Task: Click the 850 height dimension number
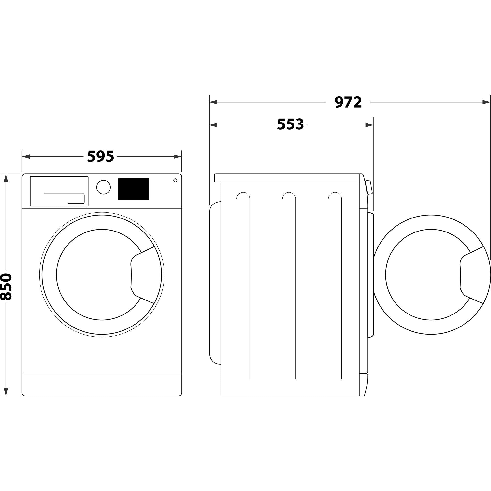(x=6, y=287)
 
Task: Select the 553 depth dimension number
(x=290, y=124)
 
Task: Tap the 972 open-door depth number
(x=348, y=102)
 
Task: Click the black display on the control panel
(x=133, y=189)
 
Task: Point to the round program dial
(x=103, y=187)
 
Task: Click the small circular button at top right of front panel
(x=175, y=180)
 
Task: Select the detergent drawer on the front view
(x=59, y=191)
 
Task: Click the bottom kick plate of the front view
(x=102, y=384)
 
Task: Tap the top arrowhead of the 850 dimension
(x=6, y=178)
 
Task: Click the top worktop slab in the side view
(x=287, y=178)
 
